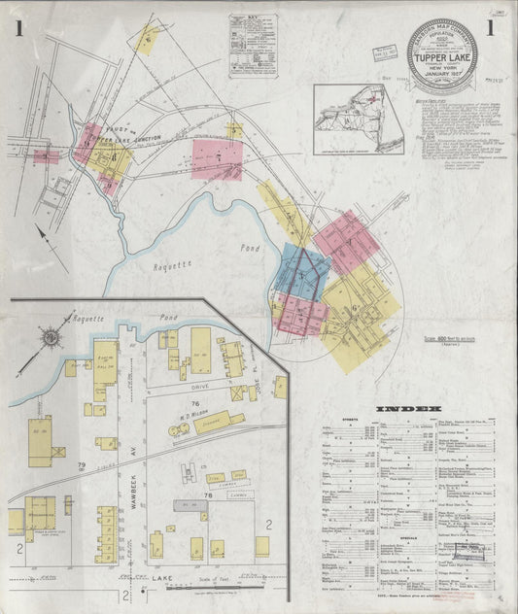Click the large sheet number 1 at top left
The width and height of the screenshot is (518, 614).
[x=19, y=29]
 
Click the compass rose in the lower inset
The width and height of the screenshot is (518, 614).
[x=52, y=336]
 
